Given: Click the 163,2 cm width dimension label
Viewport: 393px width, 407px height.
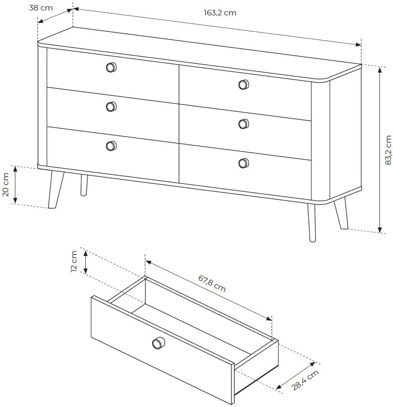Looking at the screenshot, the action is point(220,13).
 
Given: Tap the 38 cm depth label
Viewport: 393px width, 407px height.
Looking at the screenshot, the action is point(41,8).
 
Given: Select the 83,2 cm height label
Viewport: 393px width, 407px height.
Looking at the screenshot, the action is point(388,150).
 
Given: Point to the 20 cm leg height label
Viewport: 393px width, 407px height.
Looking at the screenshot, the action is point(5,185).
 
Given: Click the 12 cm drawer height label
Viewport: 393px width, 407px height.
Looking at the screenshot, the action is point(74,261).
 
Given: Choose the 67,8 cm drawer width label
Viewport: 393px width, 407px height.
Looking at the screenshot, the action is point(212,284).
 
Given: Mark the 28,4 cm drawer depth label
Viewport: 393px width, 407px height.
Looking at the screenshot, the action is point(305,380).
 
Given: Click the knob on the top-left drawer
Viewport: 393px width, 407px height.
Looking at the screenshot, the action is point(111,67).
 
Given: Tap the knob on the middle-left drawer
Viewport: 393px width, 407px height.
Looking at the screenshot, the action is point(111,107).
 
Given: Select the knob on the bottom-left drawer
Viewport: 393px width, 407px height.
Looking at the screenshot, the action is point(111,146).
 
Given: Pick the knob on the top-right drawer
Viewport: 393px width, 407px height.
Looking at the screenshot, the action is point(244,85).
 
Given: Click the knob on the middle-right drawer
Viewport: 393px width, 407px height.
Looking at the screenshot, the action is point(244,124).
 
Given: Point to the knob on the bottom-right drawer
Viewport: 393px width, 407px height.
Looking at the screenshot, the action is point(244,163).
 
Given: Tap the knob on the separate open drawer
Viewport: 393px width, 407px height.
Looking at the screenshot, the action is point(158,343).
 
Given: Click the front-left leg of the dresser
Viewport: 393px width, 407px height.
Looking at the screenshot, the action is point(55,189).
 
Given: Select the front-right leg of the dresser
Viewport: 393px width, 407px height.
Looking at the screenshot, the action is point(312,222).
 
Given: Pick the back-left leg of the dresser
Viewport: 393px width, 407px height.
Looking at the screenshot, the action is point(84,185).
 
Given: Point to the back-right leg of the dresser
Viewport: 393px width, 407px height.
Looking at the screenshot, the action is point(341,213).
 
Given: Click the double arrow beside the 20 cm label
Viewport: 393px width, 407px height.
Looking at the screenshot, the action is point(15,185).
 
